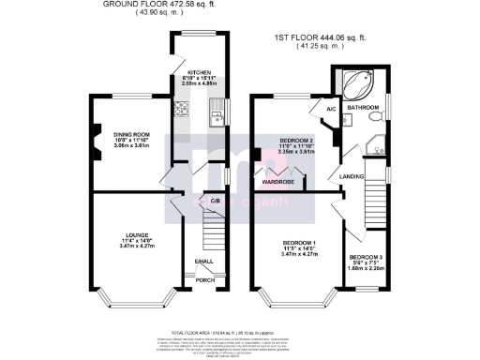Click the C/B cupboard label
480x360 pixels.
215,201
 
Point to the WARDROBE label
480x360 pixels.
278,181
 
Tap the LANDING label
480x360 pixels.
353,175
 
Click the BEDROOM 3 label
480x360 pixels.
366,257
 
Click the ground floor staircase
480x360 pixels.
214,229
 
